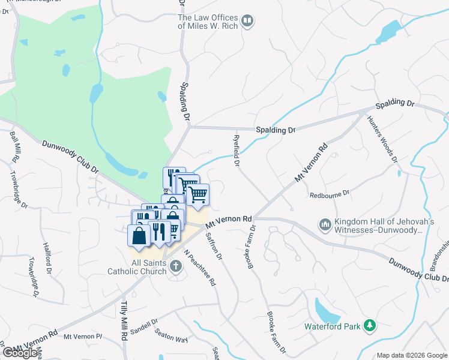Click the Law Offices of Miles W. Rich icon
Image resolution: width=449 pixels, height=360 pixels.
point(247,22)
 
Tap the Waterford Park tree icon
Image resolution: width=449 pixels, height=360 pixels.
point(370,326)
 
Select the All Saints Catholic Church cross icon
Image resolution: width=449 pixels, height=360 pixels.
point(176,267)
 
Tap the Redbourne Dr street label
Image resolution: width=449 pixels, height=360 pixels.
point(328,195)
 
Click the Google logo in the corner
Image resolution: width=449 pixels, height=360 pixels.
point(20,353)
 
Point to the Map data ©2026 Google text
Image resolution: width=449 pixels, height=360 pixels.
point(412,355)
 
